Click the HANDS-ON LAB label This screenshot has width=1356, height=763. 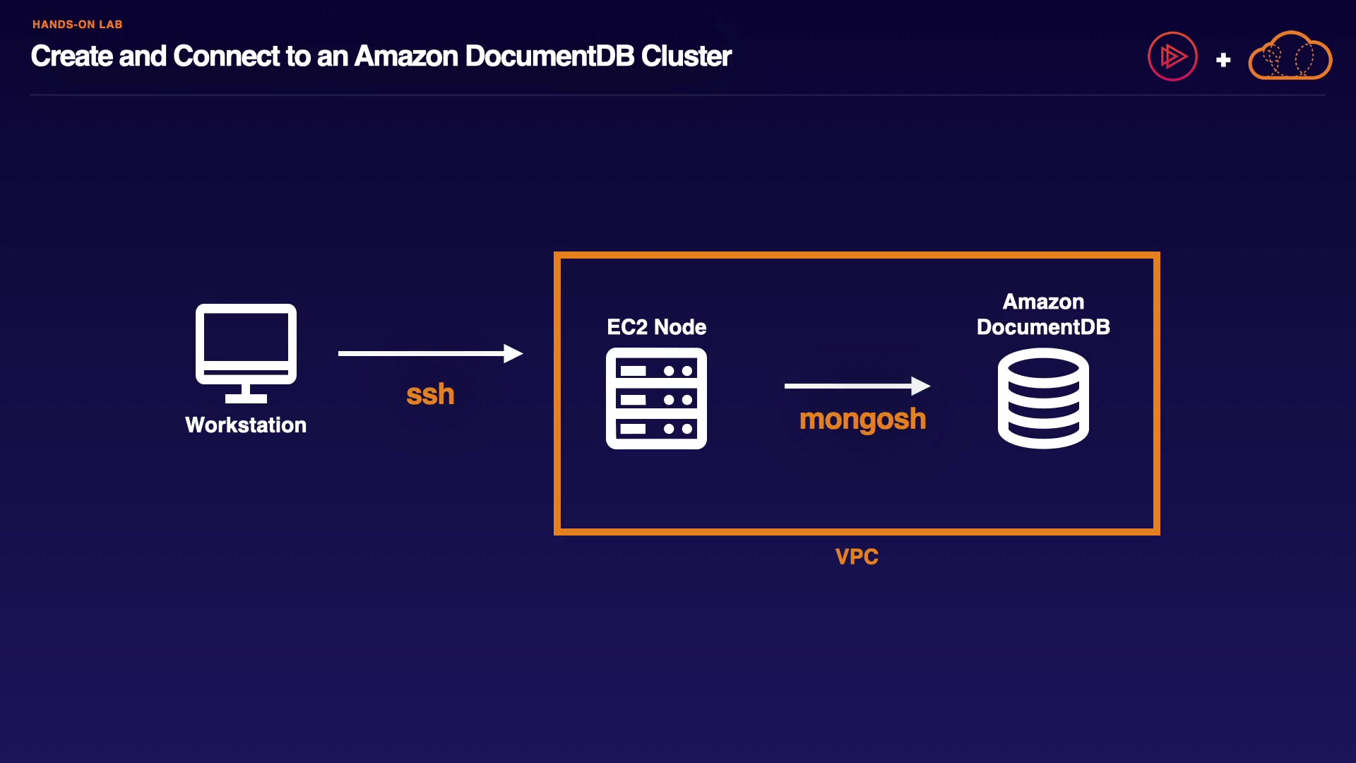tap(78, 25)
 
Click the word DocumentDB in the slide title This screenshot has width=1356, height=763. tap(549, 57)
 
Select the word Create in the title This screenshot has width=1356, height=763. tap(71, 57)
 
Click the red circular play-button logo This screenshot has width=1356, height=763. tap(1172, 57)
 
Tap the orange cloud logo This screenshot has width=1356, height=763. tap(1290, 57)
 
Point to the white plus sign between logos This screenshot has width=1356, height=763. tap(1223, 60)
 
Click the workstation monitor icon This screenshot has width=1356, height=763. tap(246, 345)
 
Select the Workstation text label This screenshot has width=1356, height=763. tap(246, 425)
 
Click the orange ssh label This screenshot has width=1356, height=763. tap(430, 394)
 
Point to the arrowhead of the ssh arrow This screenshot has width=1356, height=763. tap(513, 353)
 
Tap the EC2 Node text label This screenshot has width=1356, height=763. tap(656, 327)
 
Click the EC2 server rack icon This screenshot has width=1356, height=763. tap(656, 398)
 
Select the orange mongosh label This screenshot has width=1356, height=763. tap(862, 419)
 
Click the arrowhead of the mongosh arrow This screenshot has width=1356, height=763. tap(921, 386)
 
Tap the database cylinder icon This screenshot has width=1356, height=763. tap(1043, 399)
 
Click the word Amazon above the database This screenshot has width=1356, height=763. tap(1043, 302)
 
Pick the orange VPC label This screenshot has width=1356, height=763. tap(857, 557)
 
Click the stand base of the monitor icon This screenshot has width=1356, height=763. tap(246, 398)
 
